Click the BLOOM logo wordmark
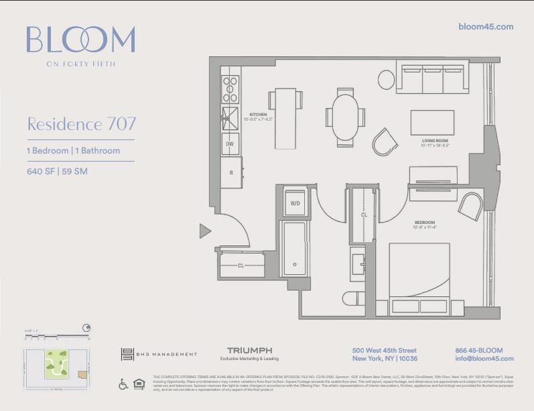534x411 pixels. [80, 40]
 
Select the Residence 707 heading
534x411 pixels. [81, 124]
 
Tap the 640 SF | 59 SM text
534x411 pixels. [57, 171]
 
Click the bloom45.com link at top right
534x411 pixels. [485, 27]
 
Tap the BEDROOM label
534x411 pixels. [424, 223]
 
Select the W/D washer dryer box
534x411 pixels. [295, 203]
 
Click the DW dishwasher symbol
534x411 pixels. [230, 144]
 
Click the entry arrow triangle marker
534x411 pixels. [205, 231]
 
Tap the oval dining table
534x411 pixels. [345, 117]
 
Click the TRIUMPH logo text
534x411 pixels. [249, 351]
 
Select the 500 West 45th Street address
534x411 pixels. [384, 351]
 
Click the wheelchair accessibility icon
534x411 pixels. [123, 384]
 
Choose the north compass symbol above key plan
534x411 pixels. [86, 328]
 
